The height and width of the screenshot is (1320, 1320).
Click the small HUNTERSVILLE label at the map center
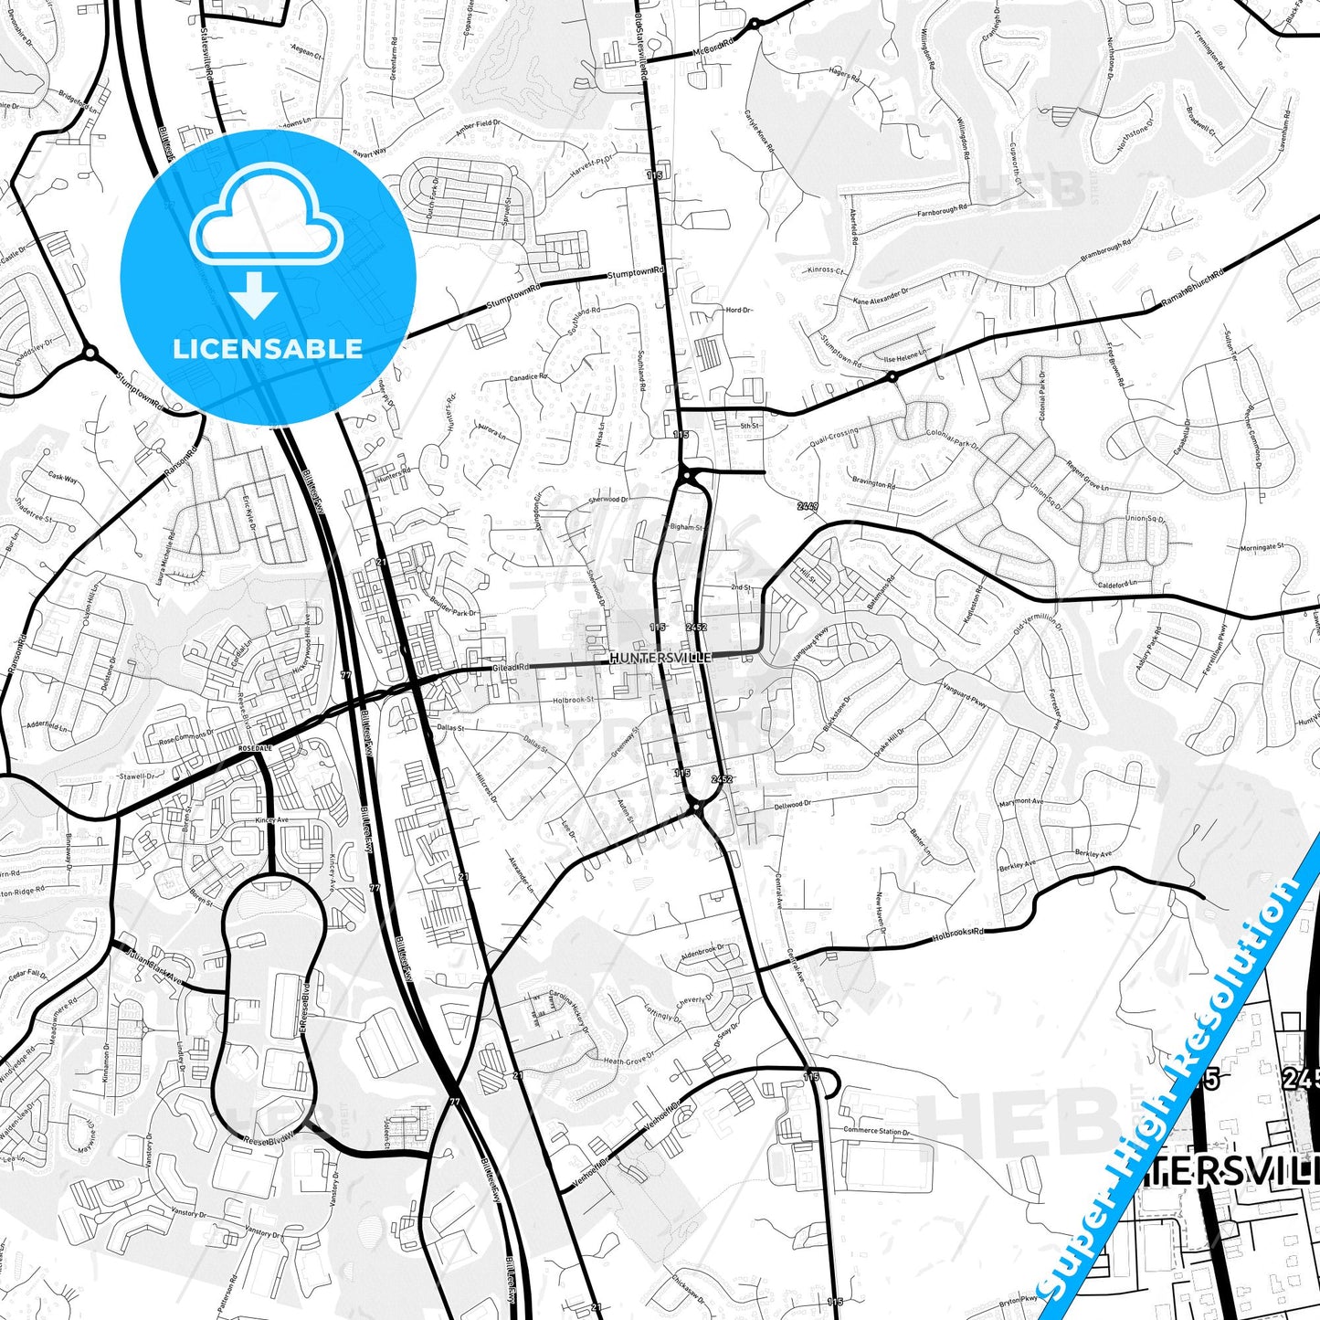point(660,657)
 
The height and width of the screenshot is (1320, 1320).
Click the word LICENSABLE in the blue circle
point(268,348)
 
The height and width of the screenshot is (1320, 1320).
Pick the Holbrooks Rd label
point(959,935)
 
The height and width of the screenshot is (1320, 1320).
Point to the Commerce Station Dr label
point(875,1132)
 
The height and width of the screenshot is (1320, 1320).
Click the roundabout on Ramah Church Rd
point(892,375)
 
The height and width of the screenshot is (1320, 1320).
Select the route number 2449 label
point(808,505)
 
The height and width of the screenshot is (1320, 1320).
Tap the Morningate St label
point(1262,547)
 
